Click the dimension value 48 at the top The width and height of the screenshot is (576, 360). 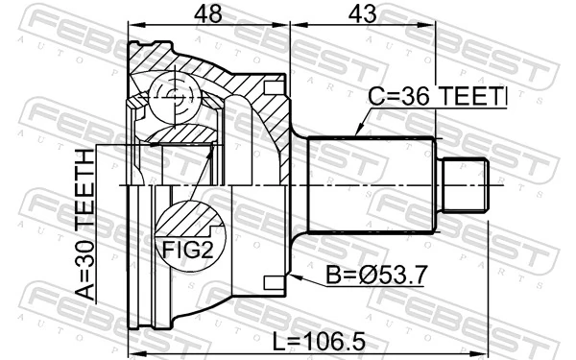[208, 13]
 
